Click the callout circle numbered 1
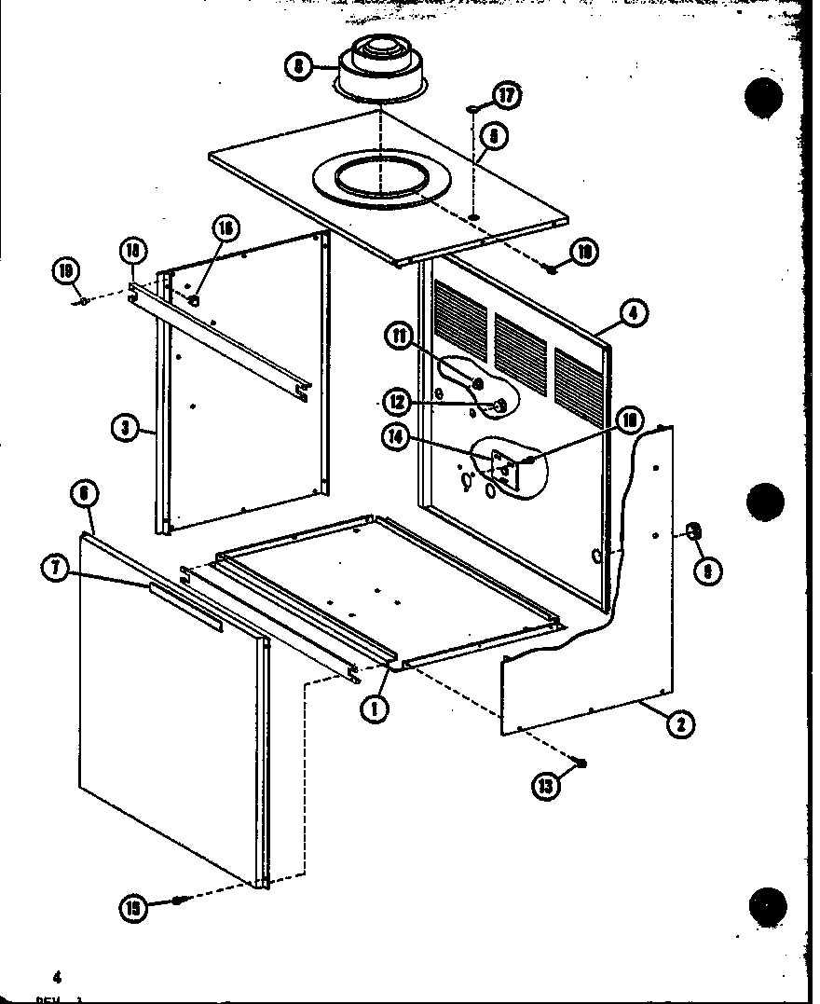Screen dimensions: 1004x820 click(x=375, y=708)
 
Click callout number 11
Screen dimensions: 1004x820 click(x=402, y=337)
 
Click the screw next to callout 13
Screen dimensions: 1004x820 click(x=581, y=763)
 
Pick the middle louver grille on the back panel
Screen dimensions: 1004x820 click(x=521, y=344)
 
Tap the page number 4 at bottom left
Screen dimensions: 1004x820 click(x=57, y=977)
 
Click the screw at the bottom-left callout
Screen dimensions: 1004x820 click(x=179, y=901)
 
